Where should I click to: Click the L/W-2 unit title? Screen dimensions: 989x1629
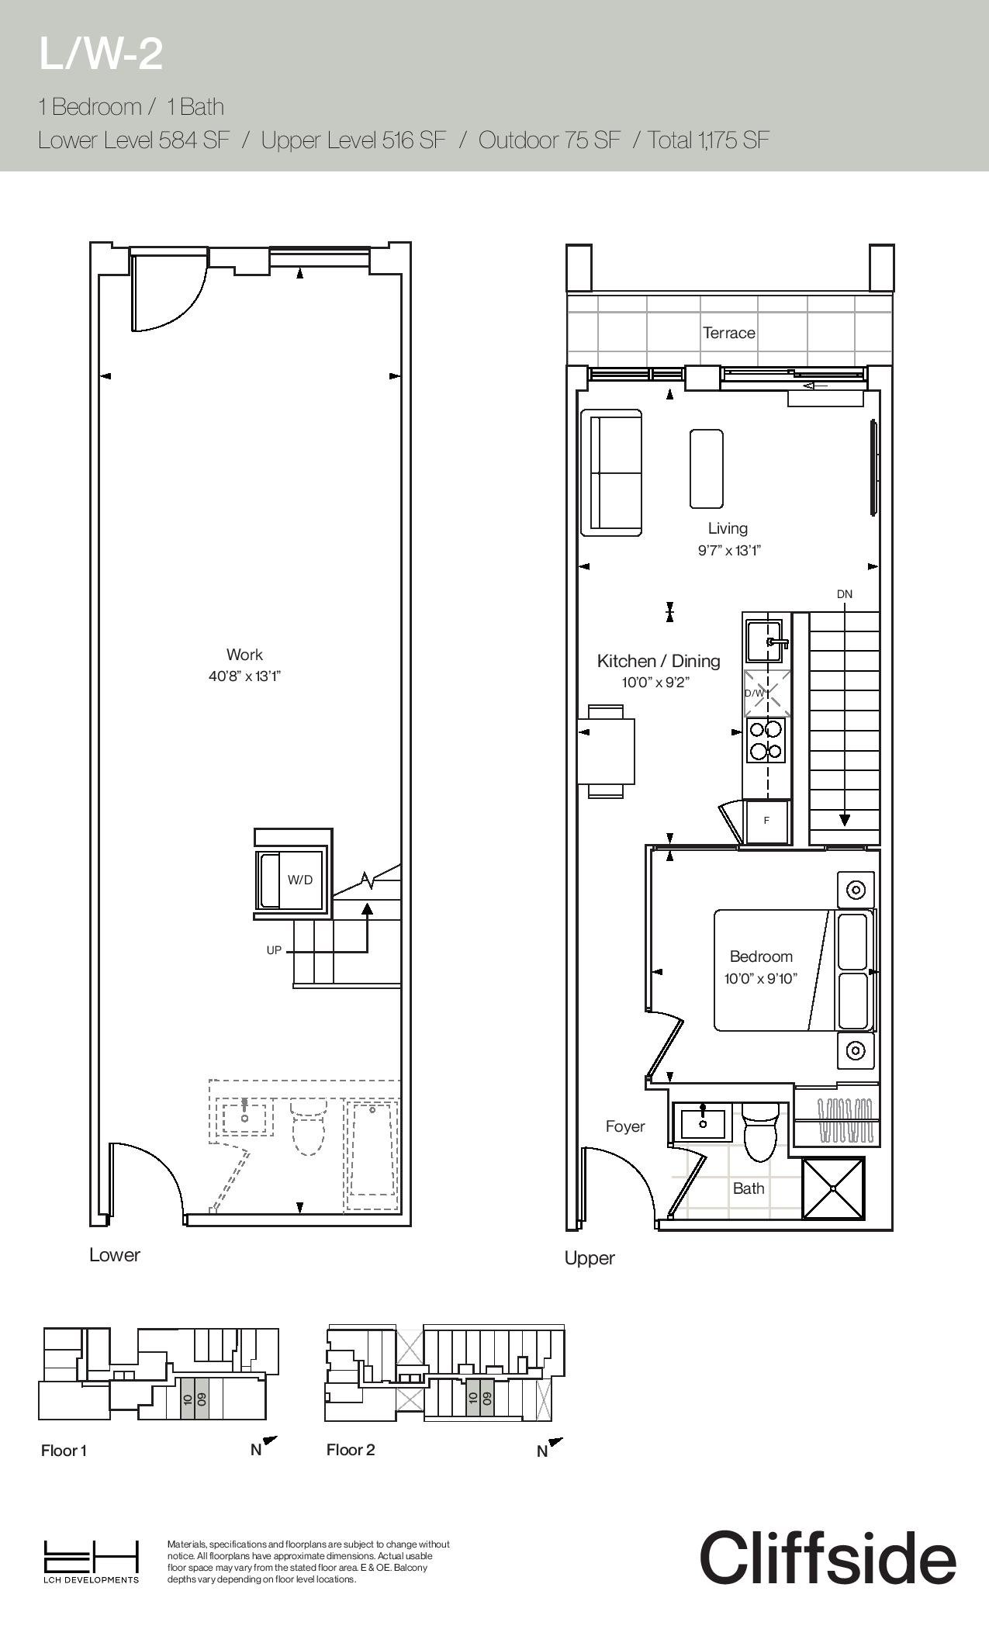(101, 54)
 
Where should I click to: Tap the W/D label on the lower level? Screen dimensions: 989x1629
(300, 880)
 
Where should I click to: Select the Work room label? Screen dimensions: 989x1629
(244, 655)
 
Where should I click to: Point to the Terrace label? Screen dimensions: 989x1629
(729, 333)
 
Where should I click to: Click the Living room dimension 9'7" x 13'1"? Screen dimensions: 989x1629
(729, 551)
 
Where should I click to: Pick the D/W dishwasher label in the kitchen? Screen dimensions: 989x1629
(754, 693)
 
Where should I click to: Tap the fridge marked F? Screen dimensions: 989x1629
(767, 821)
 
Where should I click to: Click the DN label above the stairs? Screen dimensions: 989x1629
(845, 594)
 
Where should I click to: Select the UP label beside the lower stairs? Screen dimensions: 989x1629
(274, 950)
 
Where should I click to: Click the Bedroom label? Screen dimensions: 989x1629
(761, 956)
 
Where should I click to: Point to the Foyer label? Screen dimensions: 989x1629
(625, 1126)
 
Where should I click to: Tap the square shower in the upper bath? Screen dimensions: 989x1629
(833, 1188)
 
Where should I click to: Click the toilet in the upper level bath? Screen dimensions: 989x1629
(760, 1132)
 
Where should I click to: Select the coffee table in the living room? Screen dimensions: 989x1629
(707, 469)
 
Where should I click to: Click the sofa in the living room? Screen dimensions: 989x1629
(612, 472)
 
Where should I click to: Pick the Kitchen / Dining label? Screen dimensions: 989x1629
(659, 661)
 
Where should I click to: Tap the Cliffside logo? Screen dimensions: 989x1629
(828, 1557)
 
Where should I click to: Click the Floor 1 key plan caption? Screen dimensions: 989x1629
(64, 1451)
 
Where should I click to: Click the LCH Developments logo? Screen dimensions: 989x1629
(91, 1562)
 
